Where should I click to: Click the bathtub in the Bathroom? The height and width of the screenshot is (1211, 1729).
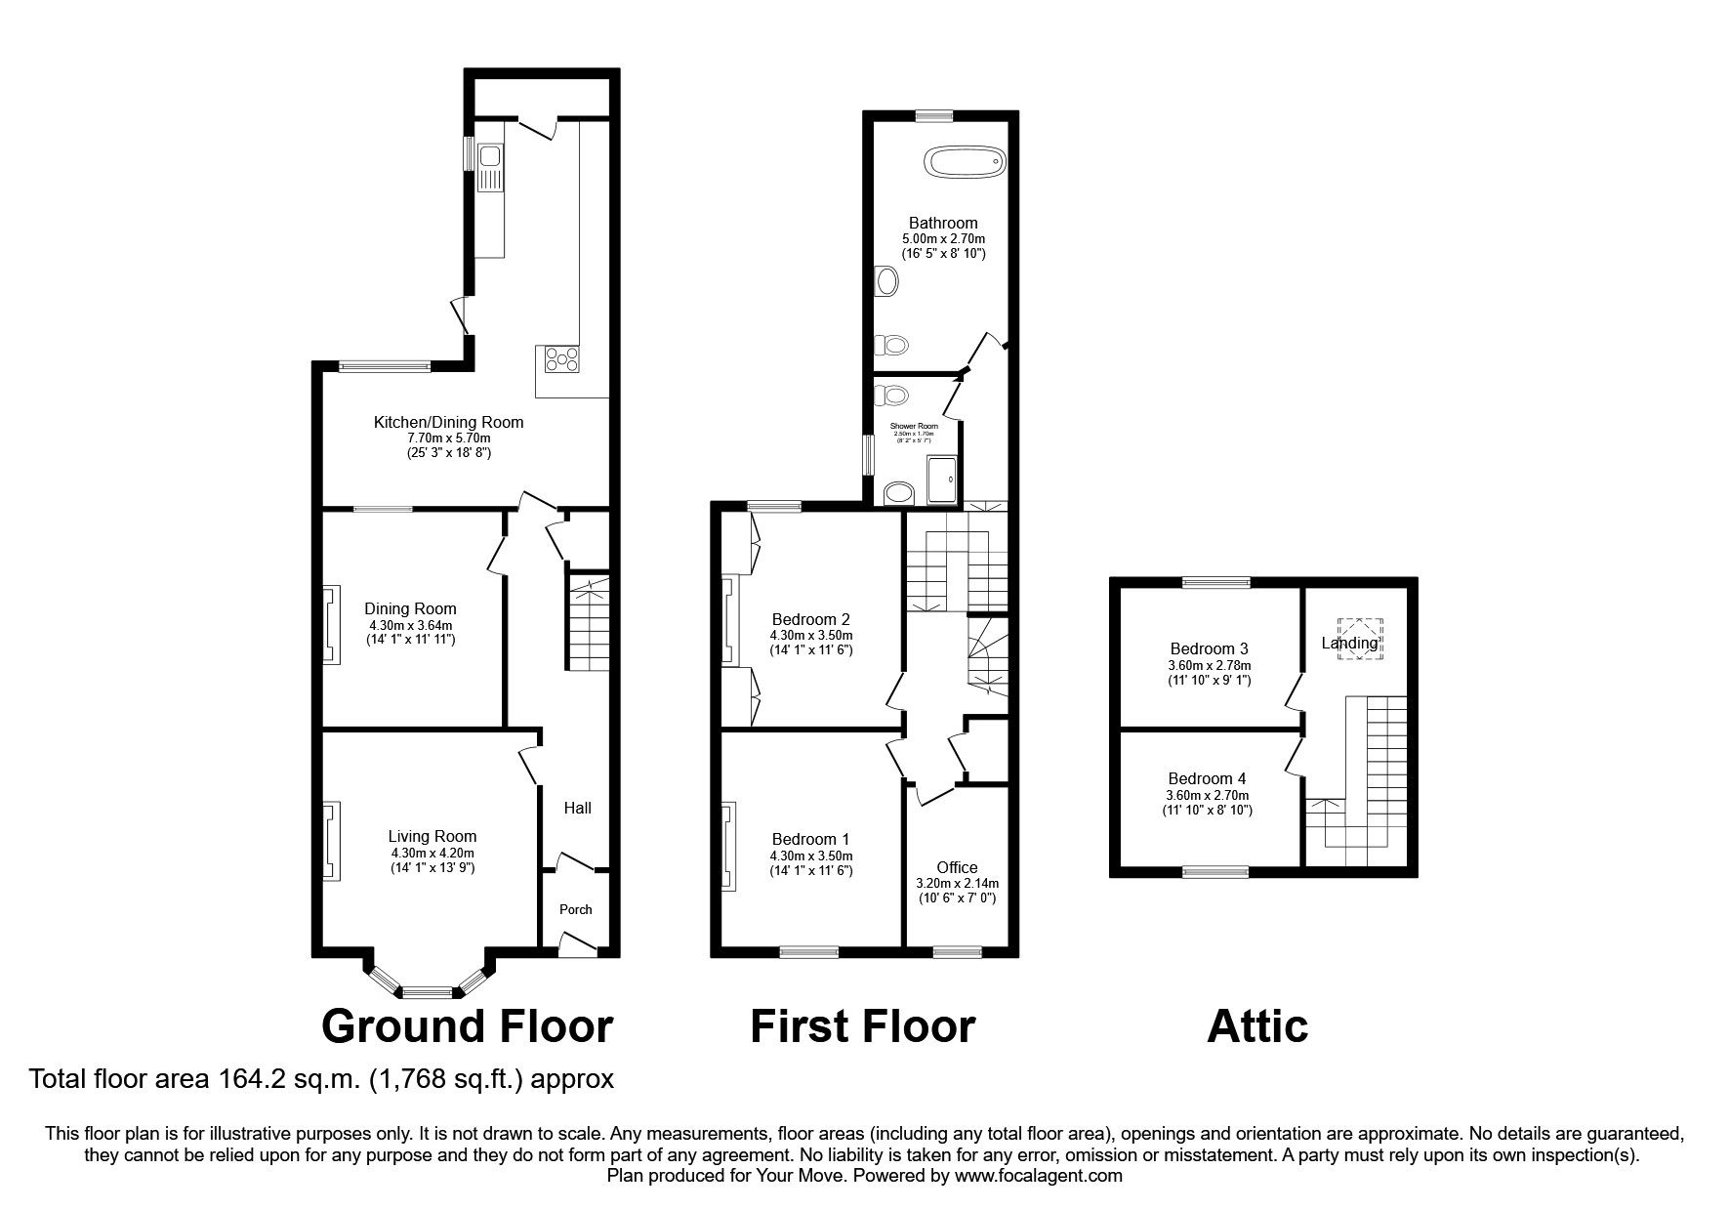[965, 161]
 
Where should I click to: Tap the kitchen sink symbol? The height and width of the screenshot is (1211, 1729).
[488, 156]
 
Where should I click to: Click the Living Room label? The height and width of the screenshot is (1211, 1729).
[432, 836]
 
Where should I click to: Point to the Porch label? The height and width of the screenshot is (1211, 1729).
[575, 909]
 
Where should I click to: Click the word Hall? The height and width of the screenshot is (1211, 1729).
[577, 808]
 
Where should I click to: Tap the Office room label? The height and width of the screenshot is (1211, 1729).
[956, 867]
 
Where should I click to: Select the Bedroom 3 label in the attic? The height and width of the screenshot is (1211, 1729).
[1209, 648]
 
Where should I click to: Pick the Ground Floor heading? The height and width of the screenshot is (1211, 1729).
[467, 1026]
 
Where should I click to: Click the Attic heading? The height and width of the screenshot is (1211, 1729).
[1256, 1026]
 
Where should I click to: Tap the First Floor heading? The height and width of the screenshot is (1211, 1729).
[862, 1026]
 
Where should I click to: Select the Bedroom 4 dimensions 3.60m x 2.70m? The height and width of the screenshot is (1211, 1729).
[1207, 795]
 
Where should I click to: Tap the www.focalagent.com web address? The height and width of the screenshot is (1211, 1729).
[1039, 1176]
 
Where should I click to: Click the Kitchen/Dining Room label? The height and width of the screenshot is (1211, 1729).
[448, 423]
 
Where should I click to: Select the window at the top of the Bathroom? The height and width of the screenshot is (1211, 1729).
[934, 115]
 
